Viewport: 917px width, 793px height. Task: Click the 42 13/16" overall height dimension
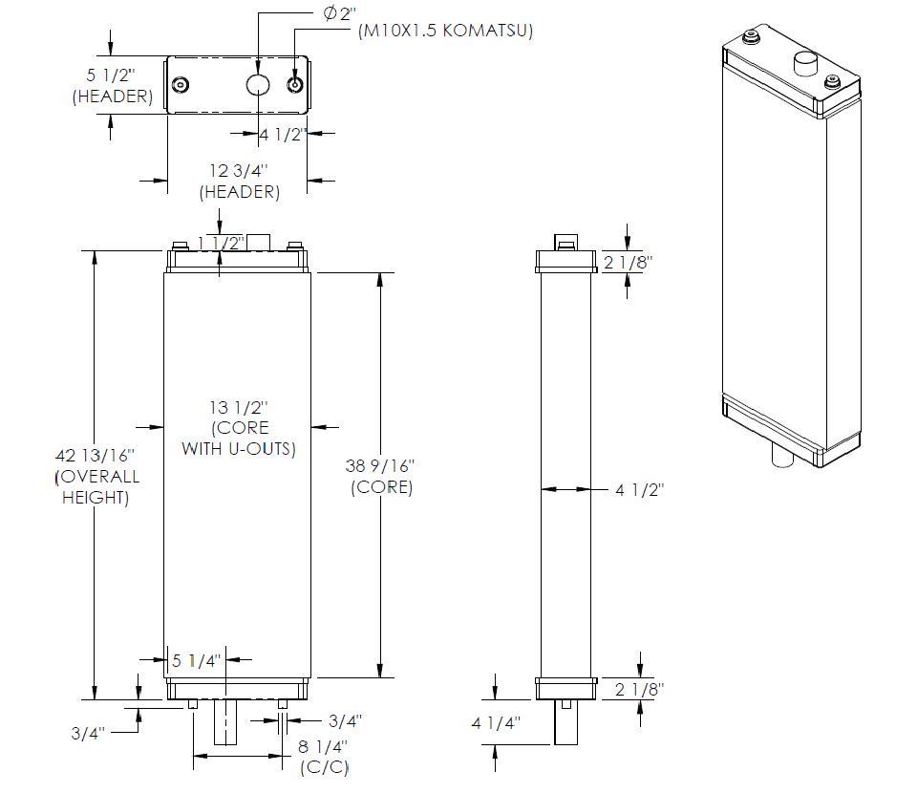click(x=96, y=455)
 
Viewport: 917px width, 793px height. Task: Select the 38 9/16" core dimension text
click(x=381, y=466)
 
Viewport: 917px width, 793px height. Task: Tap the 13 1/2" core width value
click(x=239, y=407)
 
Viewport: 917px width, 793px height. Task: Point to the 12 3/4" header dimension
click(x=239, y=171)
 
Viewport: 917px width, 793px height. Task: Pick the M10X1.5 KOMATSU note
click(x=445, y=31)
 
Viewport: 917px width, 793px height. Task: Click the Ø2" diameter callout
click(x=339, y=13)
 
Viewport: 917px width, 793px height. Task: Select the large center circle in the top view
click(x=259, y=85)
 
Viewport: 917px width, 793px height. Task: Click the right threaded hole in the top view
click(x=295, y=85)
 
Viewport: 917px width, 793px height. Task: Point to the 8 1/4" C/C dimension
click(x=323, y=746)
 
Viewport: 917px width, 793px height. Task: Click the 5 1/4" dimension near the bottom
click(x=197, y=659)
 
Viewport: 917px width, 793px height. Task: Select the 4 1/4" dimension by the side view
click(x=495, y=723)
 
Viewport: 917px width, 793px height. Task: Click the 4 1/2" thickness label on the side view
click(x=640, y=489)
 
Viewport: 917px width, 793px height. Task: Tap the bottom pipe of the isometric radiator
click(x=781, y=456)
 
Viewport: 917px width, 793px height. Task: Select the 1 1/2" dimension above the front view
click(x=221, y=243)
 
